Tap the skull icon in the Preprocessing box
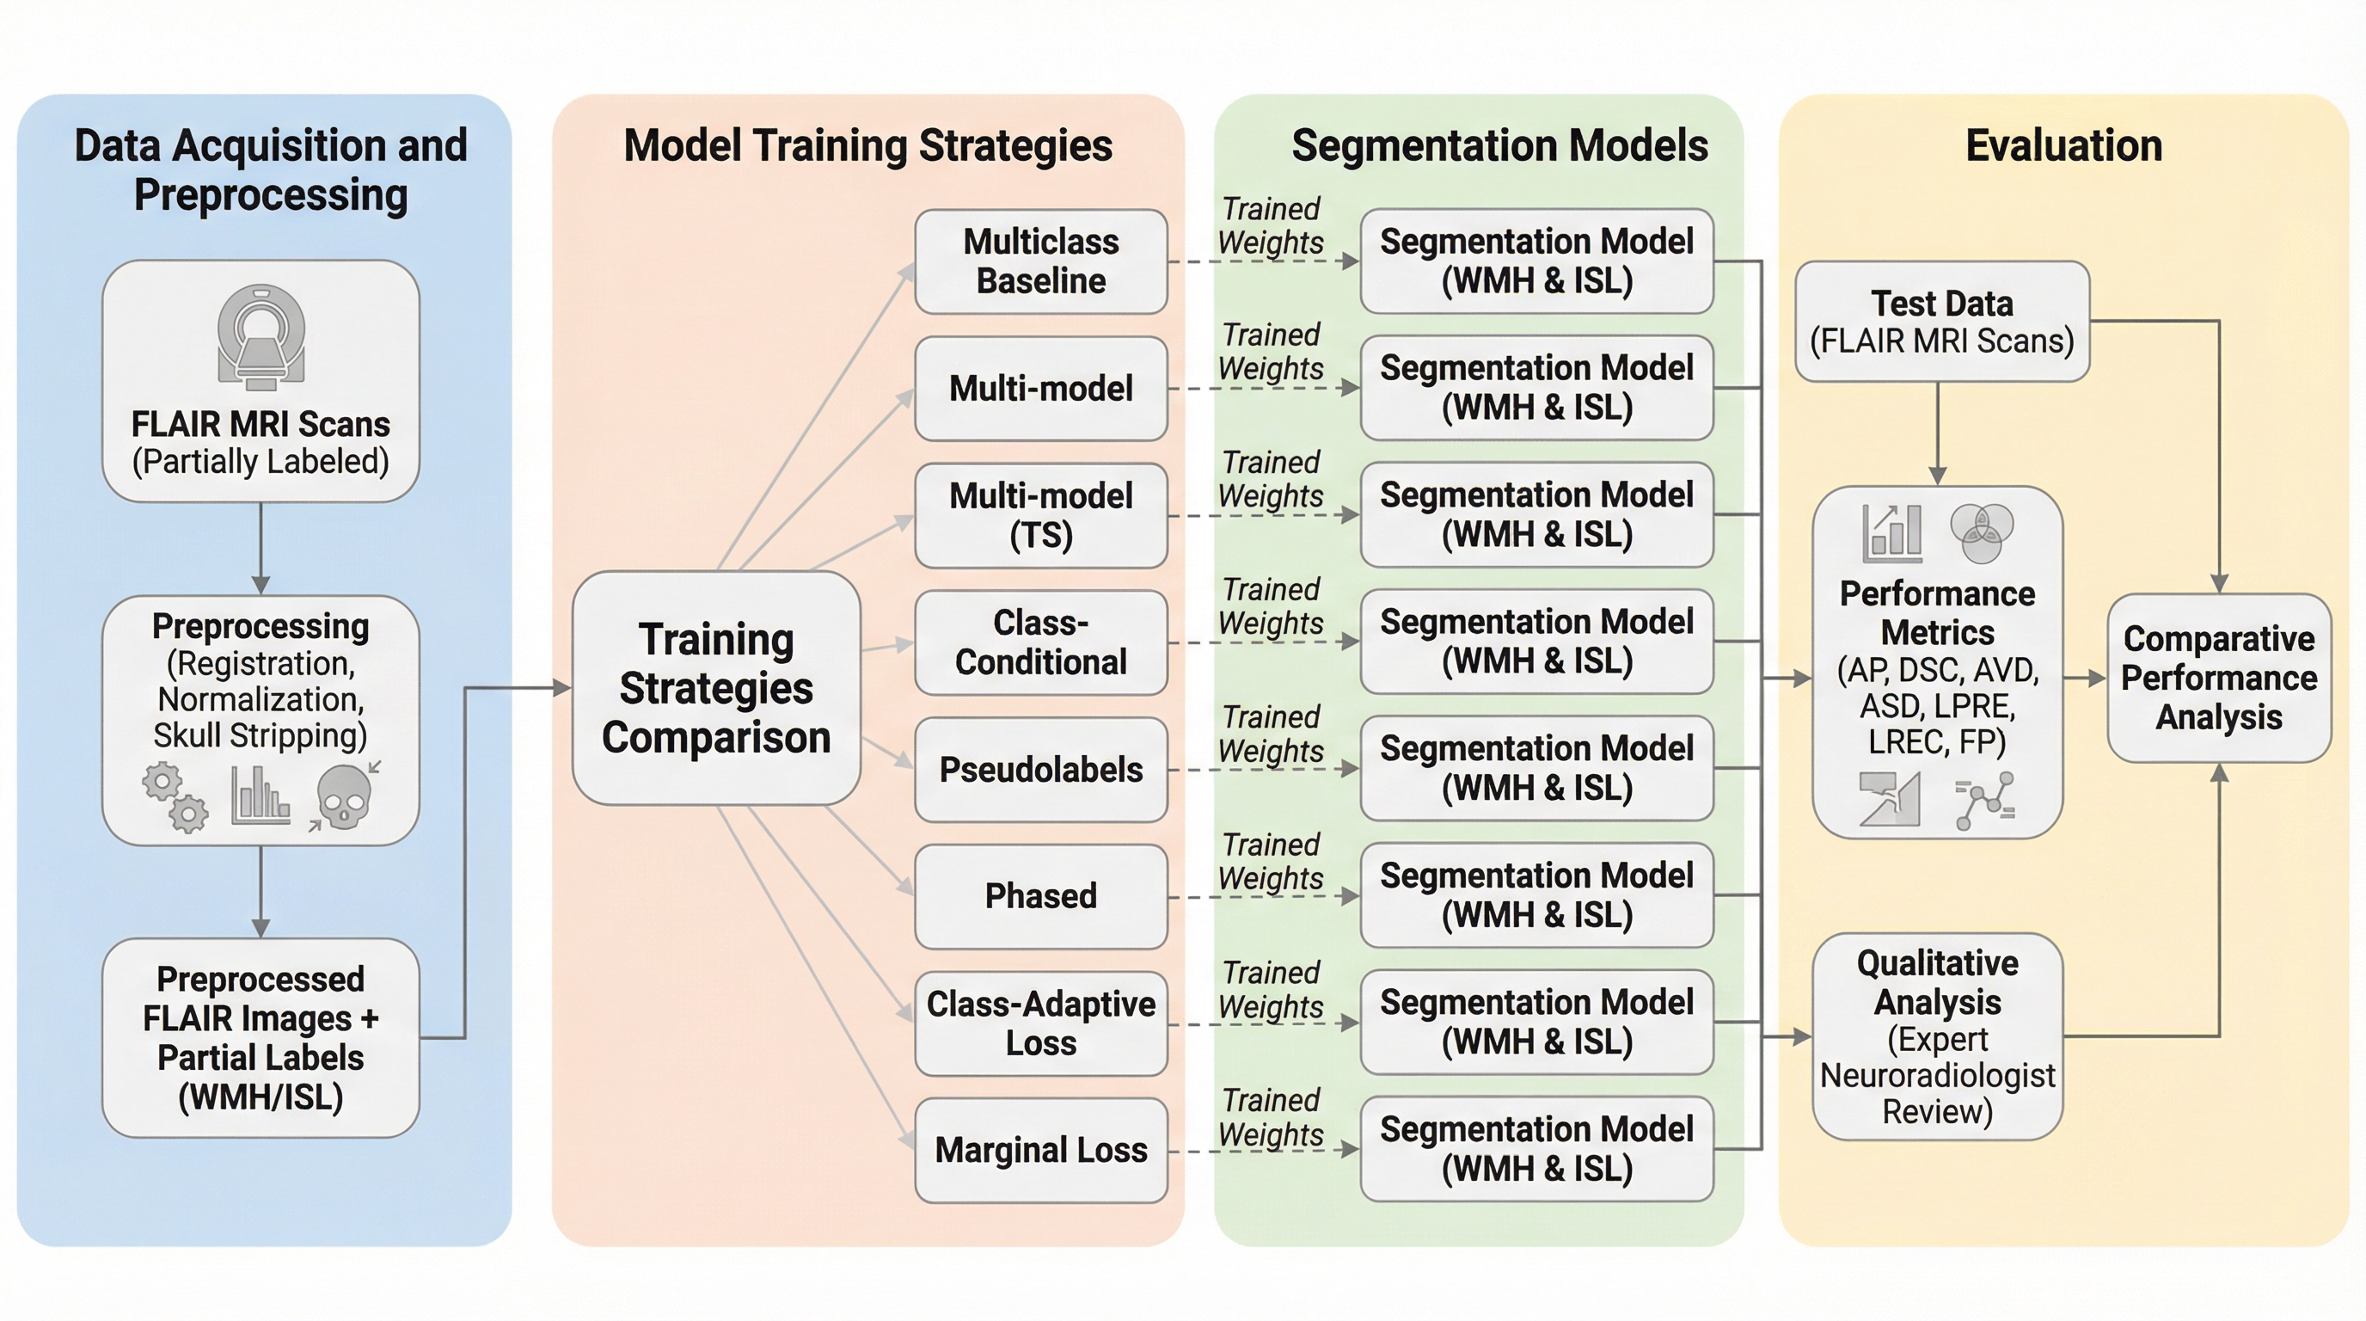click(344, 796)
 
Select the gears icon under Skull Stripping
click(175, 796)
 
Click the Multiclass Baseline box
click(1040, 261)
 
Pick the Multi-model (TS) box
click(1040, 515)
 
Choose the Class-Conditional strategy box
click(1040, 642)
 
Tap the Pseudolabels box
click(1040, 769)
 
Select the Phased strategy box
click(1040, 895)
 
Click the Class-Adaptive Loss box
click(1040, 1023)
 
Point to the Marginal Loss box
click(1040, 1150)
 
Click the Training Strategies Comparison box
click(715, 688)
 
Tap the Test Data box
click(1941, 322)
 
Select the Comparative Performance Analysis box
click(2218, 678)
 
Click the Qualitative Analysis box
click(1937, 1036)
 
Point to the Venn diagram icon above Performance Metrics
click(1981, 533)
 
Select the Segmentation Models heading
click(1499, 146)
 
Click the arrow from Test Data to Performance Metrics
click(1938, 432)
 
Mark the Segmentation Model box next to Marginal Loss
click(1536, 1149)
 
